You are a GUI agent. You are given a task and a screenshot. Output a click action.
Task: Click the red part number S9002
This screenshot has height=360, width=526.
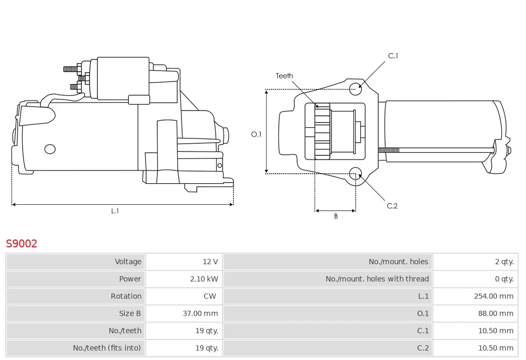[22, 244]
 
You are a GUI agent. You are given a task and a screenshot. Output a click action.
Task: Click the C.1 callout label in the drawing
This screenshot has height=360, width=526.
[393, 56]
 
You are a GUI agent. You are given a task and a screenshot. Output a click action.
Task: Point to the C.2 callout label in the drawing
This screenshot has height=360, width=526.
[392, 206]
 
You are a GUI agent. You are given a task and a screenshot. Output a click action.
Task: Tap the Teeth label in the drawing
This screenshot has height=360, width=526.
[285, 76]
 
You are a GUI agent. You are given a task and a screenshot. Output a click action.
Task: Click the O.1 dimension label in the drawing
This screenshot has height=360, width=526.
[256, 134]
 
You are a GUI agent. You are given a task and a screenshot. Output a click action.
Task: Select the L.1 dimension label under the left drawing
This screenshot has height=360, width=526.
[115, 211]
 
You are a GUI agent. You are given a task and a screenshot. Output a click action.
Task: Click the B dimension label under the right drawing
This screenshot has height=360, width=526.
[336, 216]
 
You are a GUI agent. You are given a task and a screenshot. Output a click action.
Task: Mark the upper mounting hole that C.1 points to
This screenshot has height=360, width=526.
[356, 88]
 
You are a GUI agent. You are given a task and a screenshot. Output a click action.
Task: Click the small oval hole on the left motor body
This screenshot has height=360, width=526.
[50, 149]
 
